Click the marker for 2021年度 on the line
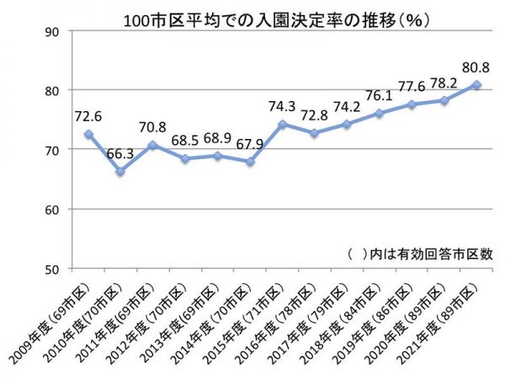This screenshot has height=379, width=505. point(476,84)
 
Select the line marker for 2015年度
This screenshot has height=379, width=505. point(283,124)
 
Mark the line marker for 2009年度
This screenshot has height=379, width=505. point(88,134)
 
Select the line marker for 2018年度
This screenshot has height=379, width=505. point(380,113)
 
